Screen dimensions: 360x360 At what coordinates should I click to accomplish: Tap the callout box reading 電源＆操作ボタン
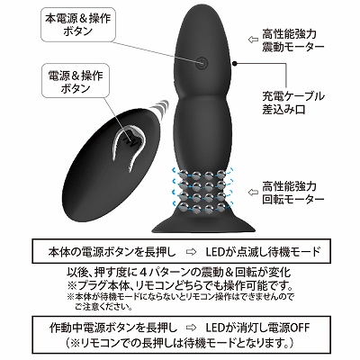point(76,80)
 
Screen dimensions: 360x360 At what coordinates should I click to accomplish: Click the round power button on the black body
point(203,63)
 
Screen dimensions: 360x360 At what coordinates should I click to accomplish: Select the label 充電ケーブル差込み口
point(293,103)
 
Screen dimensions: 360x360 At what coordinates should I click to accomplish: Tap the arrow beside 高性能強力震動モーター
point(253,40)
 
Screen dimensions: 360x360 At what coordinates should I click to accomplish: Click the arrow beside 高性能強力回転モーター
point(253,192)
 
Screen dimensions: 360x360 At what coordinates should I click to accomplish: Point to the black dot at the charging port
point(235,63)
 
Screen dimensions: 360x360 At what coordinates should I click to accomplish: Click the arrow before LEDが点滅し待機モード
point(191,252)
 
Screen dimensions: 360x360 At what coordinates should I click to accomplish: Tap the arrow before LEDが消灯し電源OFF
point(191,328)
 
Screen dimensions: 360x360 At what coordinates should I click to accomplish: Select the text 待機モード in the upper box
point(292,252)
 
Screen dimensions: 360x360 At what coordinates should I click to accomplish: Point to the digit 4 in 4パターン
point(143,273)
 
